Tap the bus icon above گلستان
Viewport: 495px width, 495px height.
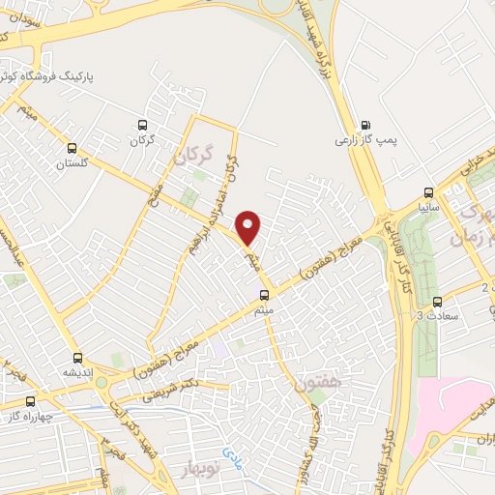point(73,148)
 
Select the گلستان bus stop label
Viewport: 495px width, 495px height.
point(73,163)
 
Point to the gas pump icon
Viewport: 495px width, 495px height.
point(365,125)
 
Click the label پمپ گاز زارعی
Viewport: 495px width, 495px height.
point(362,141)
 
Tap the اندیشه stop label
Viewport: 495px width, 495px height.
point(77,371)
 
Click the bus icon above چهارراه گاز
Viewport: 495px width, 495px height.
point(30,401)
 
